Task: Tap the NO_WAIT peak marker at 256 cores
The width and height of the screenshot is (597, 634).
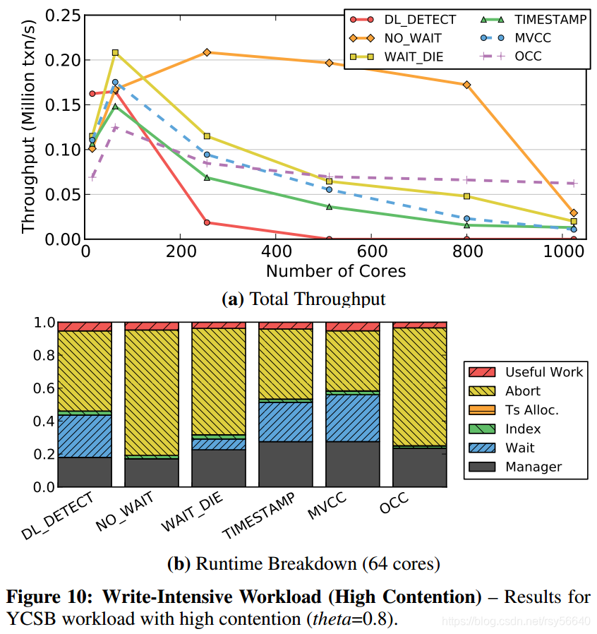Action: [206, 52]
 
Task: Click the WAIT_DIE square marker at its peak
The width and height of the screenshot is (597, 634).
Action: [115, 52]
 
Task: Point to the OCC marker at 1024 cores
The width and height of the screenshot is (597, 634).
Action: [573, 183]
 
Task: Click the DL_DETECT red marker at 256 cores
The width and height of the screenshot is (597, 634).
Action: [206, 222]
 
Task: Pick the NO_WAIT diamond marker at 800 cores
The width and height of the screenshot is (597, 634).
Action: [466, 85]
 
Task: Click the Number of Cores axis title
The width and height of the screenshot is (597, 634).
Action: [335, 270]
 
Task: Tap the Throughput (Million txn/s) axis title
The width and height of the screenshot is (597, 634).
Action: [28, 127]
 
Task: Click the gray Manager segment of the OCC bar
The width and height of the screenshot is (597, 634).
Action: [419, 467]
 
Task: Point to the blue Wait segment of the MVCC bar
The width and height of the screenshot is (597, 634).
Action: [352, 417]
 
